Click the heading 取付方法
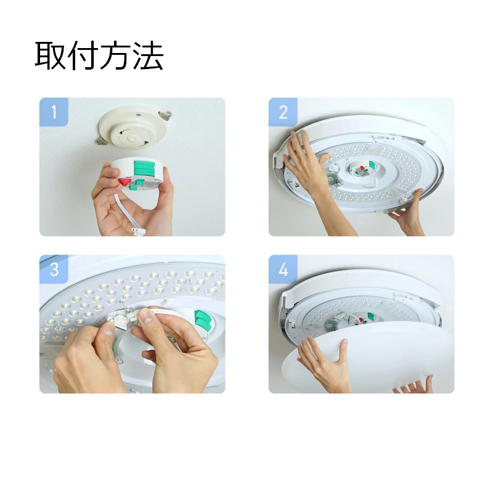click(x=99, y=55)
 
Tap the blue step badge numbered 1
click(x=54, y=112)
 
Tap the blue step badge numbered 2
click(x=283, y=112)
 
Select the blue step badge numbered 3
click(x=54, y=269)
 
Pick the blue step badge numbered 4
click(x=283, y=269)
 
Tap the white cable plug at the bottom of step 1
click(x=138, y=232)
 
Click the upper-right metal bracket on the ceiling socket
click(x=165, y=115)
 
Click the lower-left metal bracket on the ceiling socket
click(x=102, y=141)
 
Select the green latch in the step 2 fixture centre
click(x=372, y=165)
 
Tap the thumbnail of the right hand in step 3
click(x=145, y=316)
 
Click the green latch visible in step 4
click(x=371, y=317)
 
